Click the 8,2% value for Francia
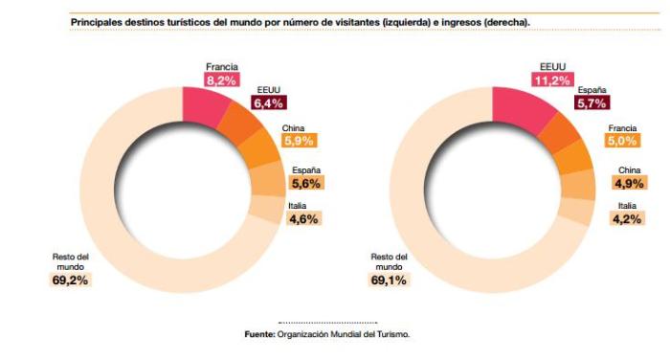[x=222, y=81]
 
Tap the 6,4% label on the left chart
[x=269, y=103]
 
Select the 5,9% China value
[x=298, y=140]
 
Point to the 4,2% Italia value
[x=627, y=219]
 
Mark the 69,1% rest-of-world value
[x=389, y=281]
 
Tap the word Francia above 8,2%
[x=222, y=67]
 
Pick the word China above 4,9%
[x=629, y=169]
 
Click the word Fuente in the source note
[x=260, y=334]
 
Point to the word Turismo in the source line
[x=393, y=334]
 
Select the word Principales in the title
[x=98, y=20]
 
